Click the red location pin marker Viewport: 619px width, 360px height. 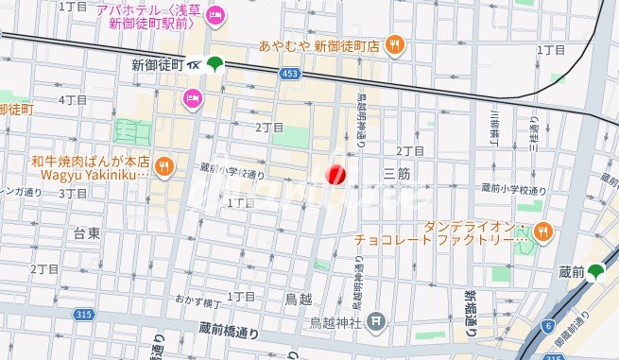[335, 175]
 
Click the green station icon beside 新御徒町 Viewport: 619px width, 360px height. [215, 64]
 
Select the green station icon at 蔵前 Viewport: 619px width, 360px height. [595, 272]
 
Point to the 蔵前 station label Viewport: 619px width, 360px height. [571, 272]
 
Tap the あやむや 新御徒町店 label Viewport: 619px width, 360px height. [319, 44]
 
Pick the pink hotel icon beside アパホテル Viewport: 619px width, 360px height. [215, 13]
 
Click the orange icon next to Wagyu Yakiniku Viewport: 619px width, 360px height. [164, 166]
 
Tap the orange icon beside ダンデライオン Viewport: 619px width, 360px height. [542, 230]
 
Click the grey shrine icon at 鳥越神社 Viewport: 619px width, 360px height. [377, 321]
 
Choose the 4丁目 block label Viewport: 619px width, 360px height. [73, 99]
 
